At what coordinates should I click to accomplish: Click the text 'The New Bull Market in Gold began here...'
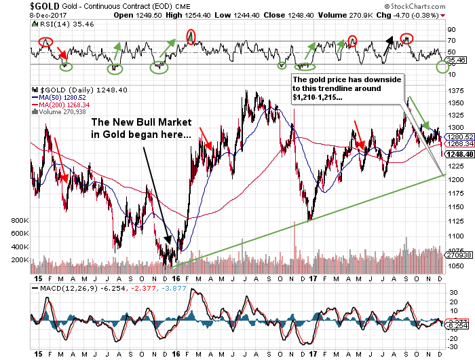tap(141, 128)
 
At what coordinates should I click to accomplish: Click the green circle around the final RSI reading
tap(443, 67)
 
